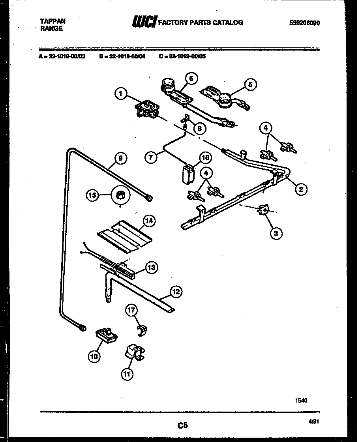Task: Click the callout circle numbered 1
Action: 122,94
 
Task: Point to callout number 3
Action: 276,234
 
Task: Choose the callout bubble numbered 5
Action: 250,84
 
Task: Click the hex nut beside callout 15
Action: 119,195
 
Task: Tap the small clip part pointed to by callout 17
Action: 142,331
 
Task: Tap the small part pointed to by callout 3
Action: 262,210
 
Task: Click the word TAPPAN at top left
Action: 52,21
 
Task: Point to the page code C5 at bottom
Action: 182,425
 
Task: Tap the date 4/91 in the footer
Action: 313,421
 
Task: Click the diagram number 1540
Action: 301,400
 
